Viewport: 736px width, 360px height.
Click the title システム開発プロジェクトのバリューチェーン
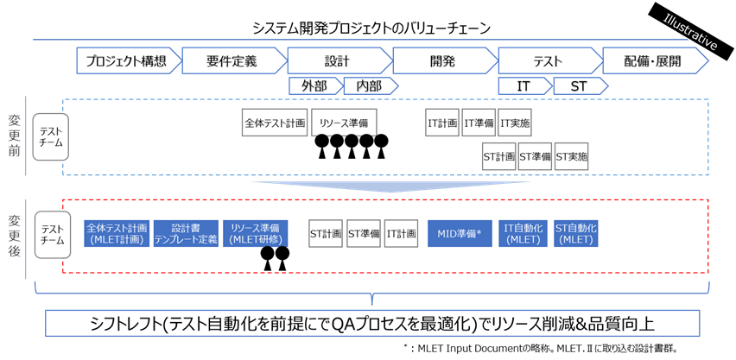[x=371, y=28]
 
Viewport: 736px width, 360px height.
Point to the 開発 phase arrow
[x=441, y=61]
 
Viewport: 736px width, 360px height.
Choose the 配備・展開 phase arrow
[x=653, y=61]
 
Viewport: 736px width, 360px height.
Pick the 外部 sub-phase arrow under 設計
[x=314, y=85]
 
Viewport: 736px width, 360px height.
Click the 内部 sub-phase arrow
[x=369, y=85]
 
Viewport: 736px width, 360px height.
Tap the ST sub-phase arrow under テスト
[x=578, y=85]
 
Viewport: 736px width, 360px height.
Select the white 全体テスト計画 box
[x=275, y=123]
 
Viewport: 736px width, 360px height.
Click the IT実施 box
[x=515, y=123]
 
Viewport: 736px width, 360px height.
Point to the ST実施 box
[x=571, y=157]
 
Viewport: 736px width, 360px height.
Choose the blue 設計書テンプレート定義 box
[x=187, y=233]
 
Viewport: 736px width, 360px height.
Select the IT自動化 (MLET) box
[x=523, y=233]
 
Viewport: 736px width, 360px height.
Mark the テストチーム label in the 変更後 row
[x=51, y=235]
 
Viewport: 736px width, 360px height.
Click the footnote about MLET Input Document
[x=544, y=348]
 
